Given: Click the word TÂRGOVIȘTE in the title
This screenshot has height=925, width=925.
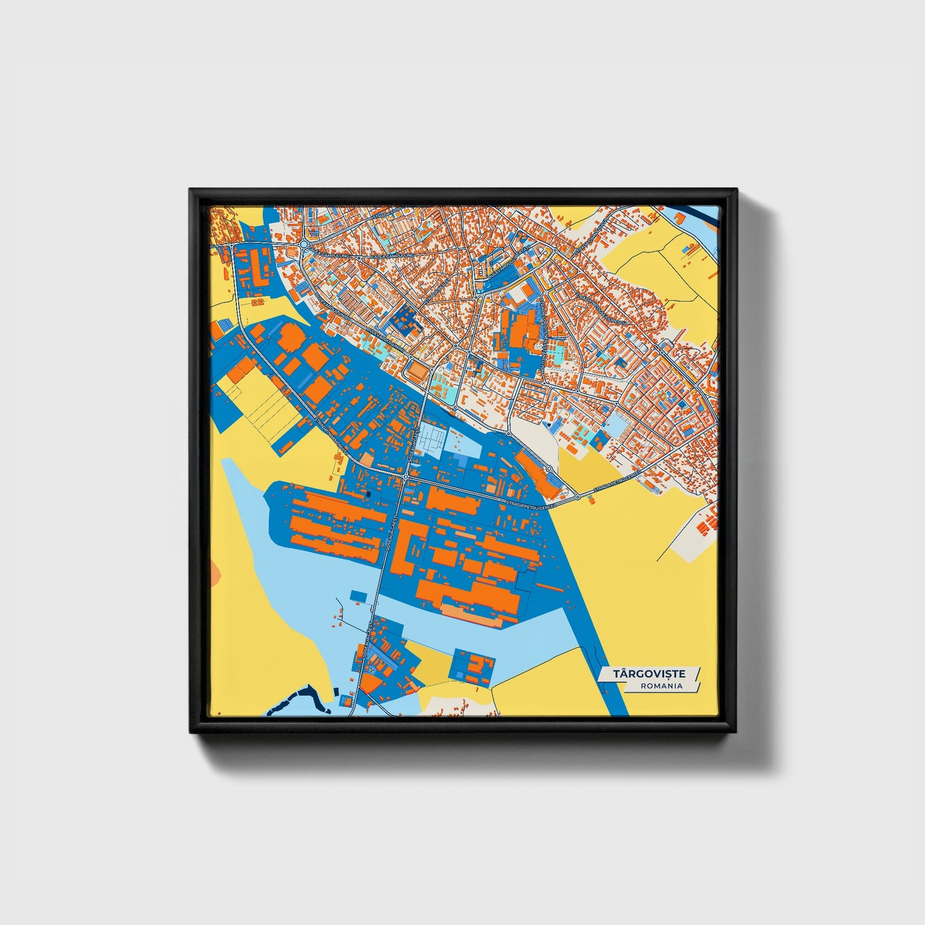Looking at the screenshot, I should pyautogui.click(x=649, y=673).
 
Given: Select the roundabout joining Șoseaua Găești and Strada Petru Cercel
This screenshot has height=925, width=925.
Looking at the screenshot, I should pyautogui.click(x=406, y=477).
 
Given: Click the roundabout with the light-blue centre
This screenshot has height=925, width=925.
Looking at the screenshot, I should pyautogui.click(x=303, y=245).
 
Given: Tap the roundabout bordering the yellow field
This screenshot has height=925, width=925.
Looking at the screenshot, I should pyautogui.click(x=577, y=496).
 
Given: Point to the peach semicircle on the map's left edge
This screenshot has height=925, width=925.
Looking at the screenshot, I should pyautogui.click(x=214, y=570).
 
